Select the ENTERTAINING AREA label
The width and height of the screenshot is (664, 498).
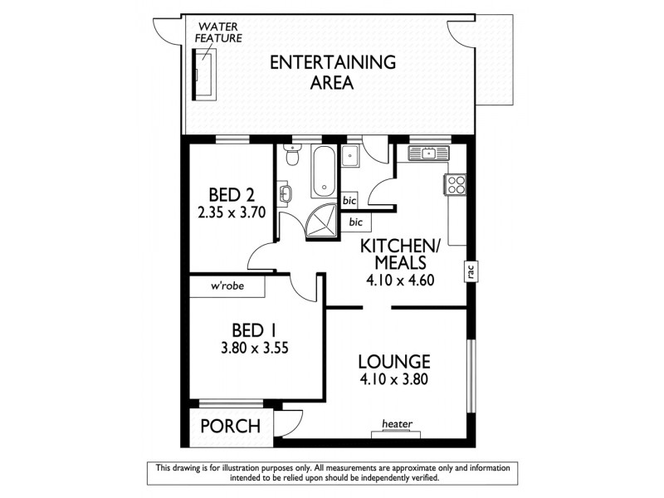[x=320, y=72]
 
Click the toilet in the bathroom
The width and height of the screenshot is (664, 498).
[x=290, y=154]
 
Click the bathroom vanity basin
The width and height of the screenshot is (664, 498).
[x=286, y=193]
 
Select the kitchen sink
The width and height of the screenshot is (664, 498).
[x=429, y=153]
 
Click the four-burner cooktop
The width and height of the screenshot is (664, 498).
[x=456, y=185]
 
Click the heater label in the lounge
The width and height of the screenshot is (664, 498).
[x=397, y=424]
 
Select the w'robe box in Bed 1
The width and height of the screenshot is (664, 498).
[x=227, y=287]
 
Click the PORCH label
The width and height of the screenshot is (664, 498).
[x=230, y=427]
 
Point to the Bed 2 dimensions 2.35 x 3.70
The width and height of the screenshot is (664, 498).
[x=231, y=212]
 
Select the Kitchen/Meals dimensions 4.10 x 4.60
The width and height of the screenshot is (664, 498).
[x=401, y=281]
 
